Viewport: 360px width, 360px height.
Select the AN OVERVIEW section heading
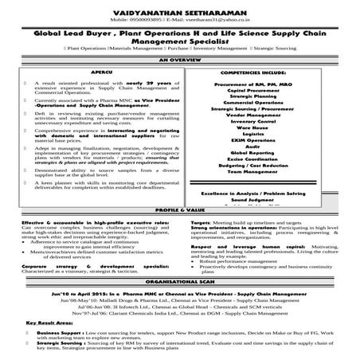coord(180,60)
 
